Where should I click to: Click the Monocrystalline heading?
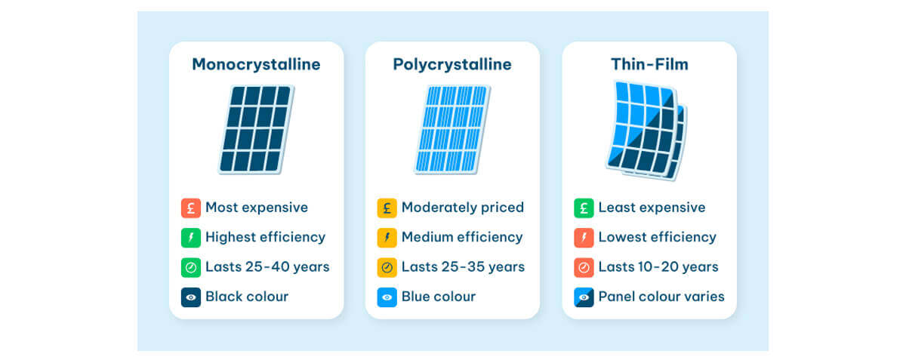click(256, 64)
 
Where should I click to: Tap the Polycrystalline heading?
click(452, 65)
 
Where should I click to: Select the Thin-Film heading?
click(649, 64)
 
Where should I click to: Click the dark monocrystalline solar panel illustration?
click(257, 130)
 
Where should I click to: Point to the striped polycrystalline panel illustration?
click(452, 130)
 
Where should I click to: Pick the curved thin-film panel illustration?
click(647, 131)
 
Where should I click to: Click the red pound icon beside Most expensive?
click(191, 208)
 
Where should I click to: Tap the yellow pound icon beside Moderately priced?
click(387, 208)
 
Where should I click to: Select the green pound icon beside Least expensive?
click(584, 208)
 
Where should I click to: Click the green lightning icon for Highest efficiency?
click(191, 238)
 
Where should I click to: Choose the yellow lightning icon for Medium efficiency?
click(387, 238)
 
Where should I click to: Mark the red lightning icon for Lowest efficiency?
click(584, 238)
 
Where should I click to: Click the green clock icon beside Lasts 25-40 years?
click(191, 267)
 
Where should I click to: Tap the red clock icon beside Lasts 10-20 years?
click(584, 267)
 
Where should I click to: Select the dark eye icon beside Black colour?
click(191, 297)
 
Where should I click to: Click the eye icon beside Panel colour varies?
click(584, 297)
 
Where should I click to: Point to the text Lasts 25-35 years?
click(463, 267)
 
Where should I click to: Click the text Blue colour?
click(439, 297)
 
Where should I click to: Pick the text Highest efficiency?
click(265, 238)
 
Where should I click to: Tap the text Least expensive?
click(652, 208)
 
